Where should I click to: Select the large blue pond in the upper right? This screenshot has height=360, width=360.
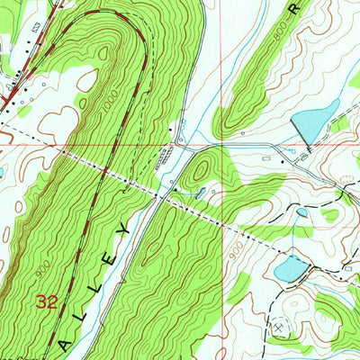[x=317, y=121]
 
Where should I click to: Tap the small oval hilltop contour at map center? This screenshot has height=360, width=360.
[x=201, y=166]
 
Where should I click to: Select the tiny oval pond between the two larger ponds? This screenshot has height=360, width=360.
[x=302, y=212]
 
